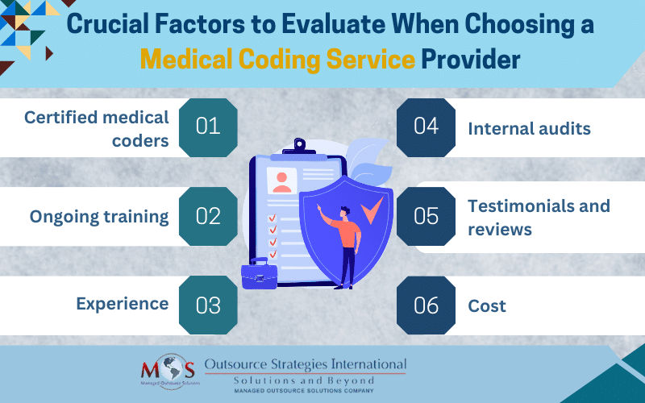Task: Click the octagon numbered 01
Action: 208,127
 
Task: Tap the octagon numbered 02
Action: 208,216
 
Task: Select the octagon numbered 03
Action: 208,305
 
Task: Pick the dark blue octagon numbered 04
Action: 427,127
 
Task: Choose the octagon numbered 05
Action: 427,216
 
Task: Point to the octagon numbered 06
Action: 427,305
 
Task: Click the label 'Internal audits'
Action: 529,129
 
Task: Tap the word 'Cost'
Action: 487,306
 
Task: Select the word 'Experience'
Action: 123,305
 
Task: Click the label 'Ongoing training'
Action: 99,217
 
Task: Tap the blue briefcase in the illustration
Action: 259,273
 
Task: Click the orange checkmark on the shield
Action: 372,210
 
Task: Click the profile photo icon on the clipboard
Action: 281,181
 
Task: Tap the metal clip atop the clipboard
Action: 299,147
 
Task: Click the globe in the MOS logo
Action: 171,369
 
